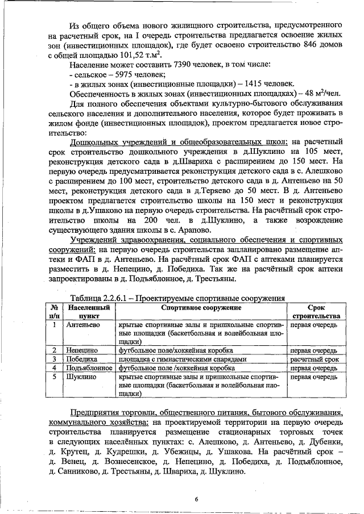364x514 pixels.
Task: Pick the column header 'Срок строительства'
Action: tap(315, 311)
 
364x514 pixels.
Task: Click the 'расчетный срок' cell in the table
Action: tap(315, 360)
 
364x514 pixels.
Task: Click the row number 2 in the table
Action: tap(53, 351)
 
